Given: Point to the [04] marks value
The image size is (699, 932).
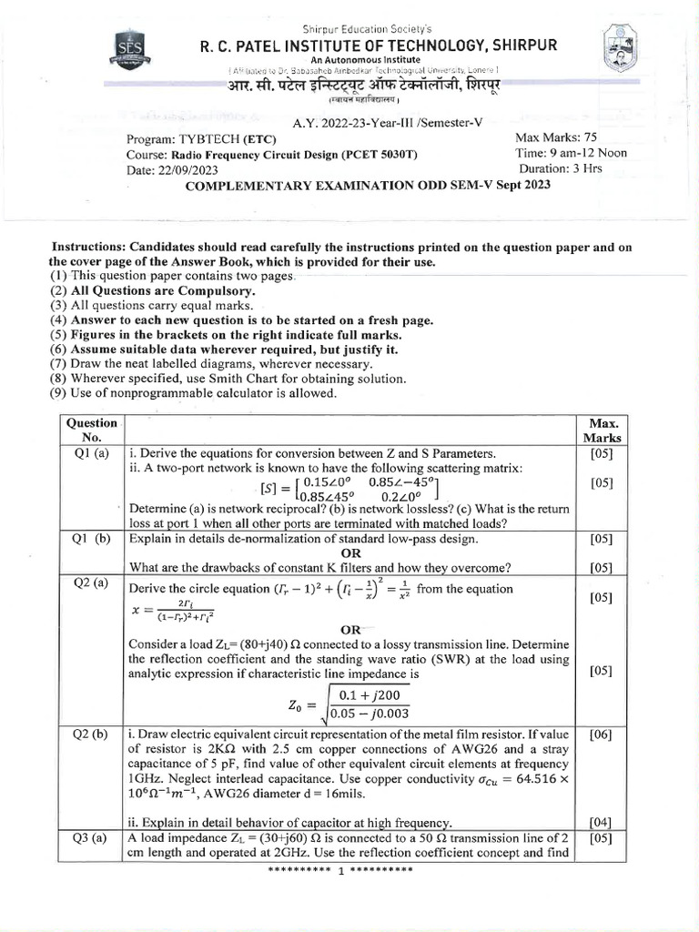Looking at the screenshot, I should (602, 822).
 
